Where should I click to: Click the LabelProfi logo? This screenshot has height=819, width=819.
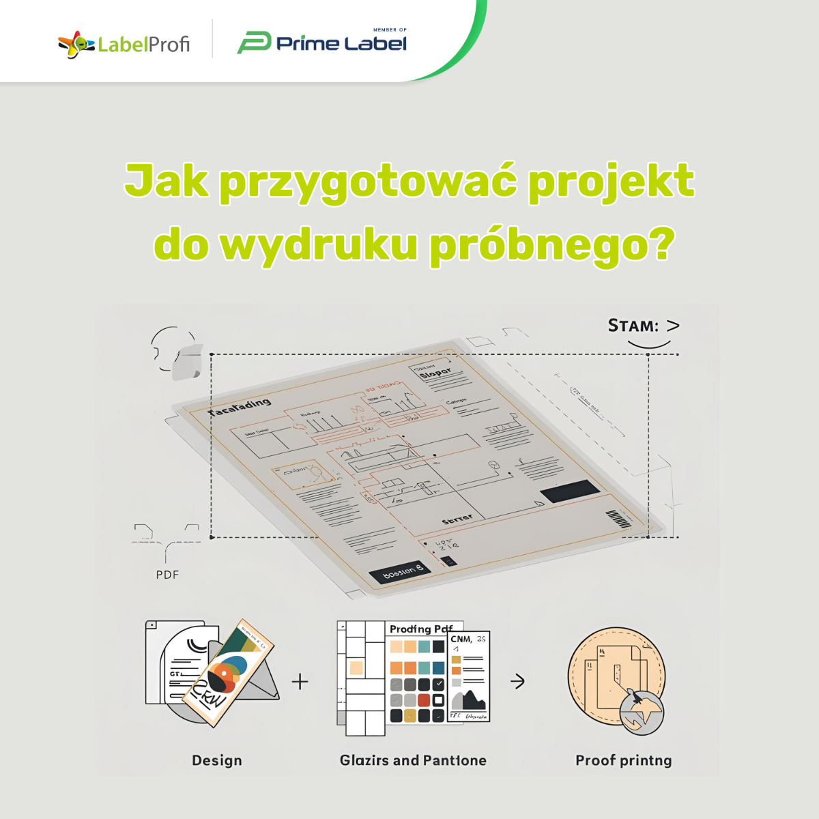click(x=124, y=45)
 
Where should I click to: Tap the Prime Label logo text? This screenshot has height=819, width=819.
click(x=341, y=44)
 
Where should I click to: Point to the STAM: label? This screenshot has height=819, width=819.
click(x=634, y=326)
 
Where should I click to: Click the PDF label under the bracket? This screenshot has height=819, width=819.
click(x=167, y=575)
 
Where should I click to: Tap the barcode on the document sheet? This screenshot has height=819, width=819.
click(x=618, y=519)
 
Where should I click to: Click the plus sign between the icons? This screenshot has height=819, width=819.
click(x=300, y=681)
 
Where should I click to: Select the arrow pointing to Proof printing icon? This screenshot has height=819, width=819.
click(x=518, y=681)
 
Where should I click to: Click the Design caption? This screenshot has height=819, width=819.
click(x=217, y=760)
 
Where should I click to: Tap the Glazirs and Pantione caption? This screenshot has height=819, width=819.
click(x=413, y=760)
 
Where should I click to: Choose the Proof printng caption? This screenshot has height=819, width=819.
click(x=623, y=760)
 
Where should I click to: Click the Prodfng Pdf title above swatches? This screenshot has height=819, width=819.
click(x=421, y=629)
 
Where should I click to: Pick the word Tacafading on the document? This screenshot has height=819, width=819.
click(x=240, y=407)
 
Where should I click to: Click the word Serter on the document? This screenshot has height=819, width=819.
click(x=457, y=520)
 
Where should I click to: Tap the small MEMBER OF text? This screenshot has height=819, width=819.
click(x=390, y=30)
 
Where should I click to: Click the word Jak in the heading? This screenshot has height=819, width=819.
click(x=166, y=182)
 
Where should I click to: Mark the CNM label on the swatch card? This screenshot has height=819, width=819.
click(x=461, y=640)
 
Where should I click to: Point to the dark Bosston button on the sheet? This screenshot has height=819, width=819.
click(x=399, y=572)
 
